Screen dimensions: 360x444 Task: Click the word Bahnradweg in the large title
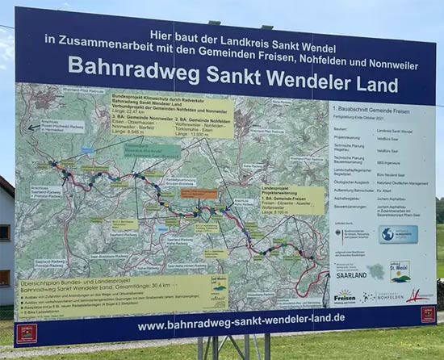tap(133, 68)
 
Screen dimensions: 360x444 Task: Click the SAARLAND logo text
tap(351, 274)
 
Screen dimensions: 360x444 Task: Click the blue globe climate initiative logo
tap(398, 234)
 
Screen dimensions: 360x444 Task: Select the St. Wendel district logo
tap(399, 271)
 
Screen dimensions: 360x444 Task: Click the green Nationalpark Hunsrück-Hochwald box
tap(152, 150)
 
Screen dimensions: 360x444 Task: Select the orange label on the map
tap(199, 194)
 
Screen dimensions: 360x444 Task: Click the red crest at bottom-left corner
tap(27, 331)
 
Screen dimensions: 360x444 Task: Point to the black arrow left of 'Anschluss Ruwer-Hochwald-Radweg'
tap(33, 127)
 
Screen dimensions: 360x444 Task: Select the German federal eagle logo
tap(339, 232)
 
